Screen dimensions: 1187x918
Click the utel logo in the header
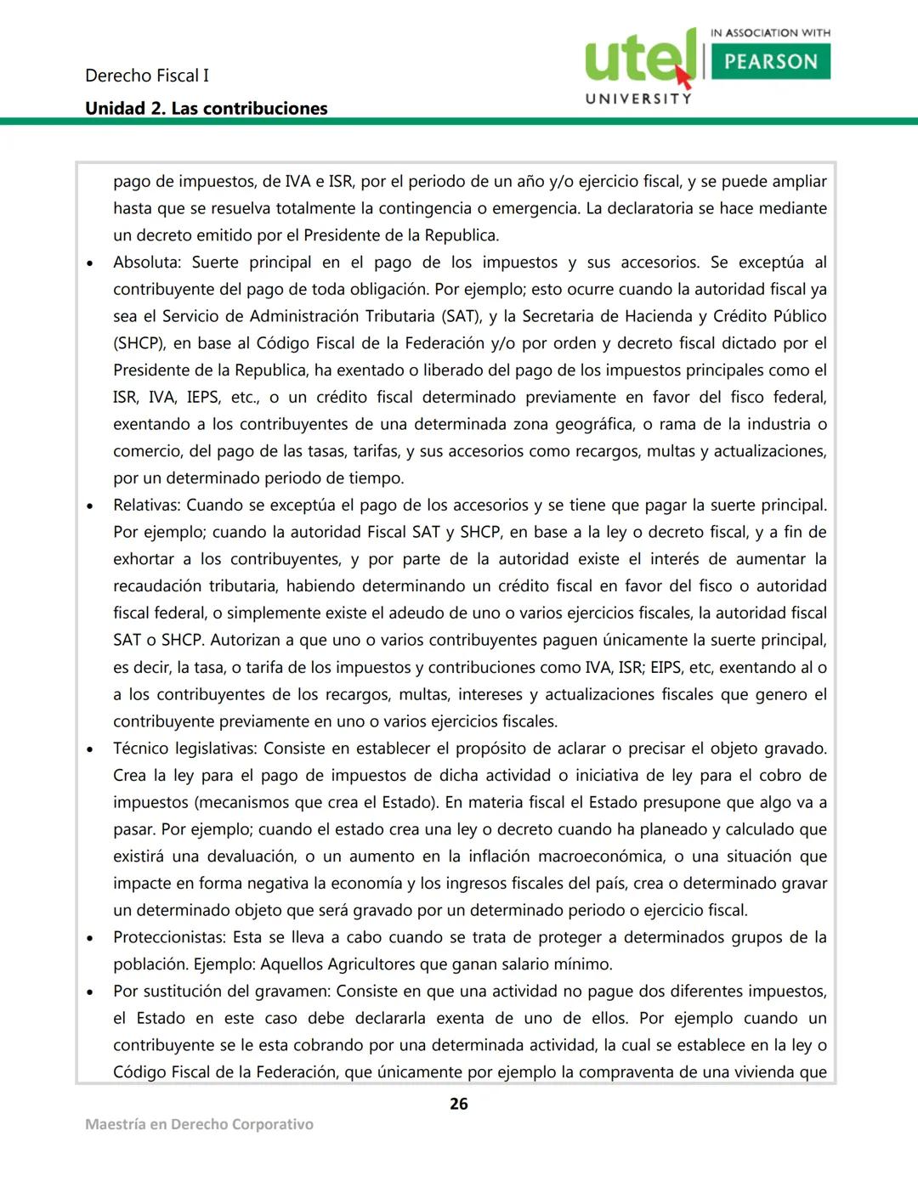click(x=639, y=58)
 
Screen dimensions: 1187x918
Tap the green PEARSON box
click(x=770, y=62)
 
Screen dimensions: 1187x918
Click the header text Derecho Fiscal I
click(x=146, y=76)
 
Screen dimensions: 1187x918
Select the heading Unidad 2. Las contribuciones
click(x=206, y=109)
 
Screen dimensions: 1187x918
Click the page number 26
click(x=458, y=1104)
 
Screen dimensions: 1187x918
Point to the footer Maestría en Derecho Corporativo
click(x=199, y=1124)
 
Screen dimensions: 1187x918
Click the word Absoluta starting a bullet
click(x=144, y=263)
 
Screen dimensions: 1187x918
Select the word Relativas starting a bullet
click(x=146, y=506)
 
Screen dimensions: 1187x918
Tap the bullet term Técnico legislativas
click(x=184, y=749)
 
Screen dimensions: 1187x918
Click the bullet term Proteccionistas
click(x=168, y=937)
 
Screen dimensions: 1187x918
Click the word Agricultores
click(x=379, y=964)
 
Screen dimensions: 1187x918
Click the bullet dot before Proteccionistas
click(x=90, y=939)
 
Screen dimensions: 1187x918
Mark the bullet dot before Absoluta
click(x=90, y=264)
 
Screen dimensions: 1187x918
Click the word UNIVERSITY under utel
click(x=638, y=99)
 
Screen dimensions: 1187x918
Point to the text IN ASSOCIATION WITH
click(x=770, y=33)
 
